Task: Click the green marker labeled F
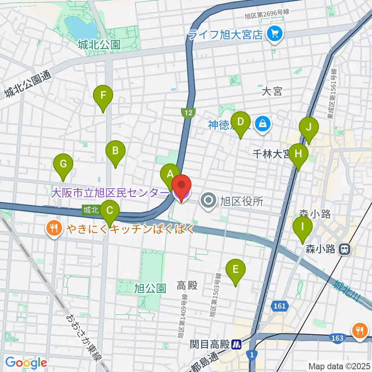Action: pos(103,95)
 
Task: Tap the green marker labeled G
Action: pos(63,164)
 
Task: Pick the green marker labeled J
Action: pos(309,127)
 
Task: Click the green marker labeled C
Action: pos(110,210)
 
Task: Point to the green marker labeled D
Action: pos(241,122)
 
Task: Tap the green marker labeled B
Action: pos(115,150)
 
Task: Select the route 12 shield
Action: pos(188,113)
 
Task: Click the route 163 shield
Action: pos(337,338)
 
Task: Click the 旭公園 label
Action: pos(150,288)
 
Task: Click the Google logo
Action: pos(26,363)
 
